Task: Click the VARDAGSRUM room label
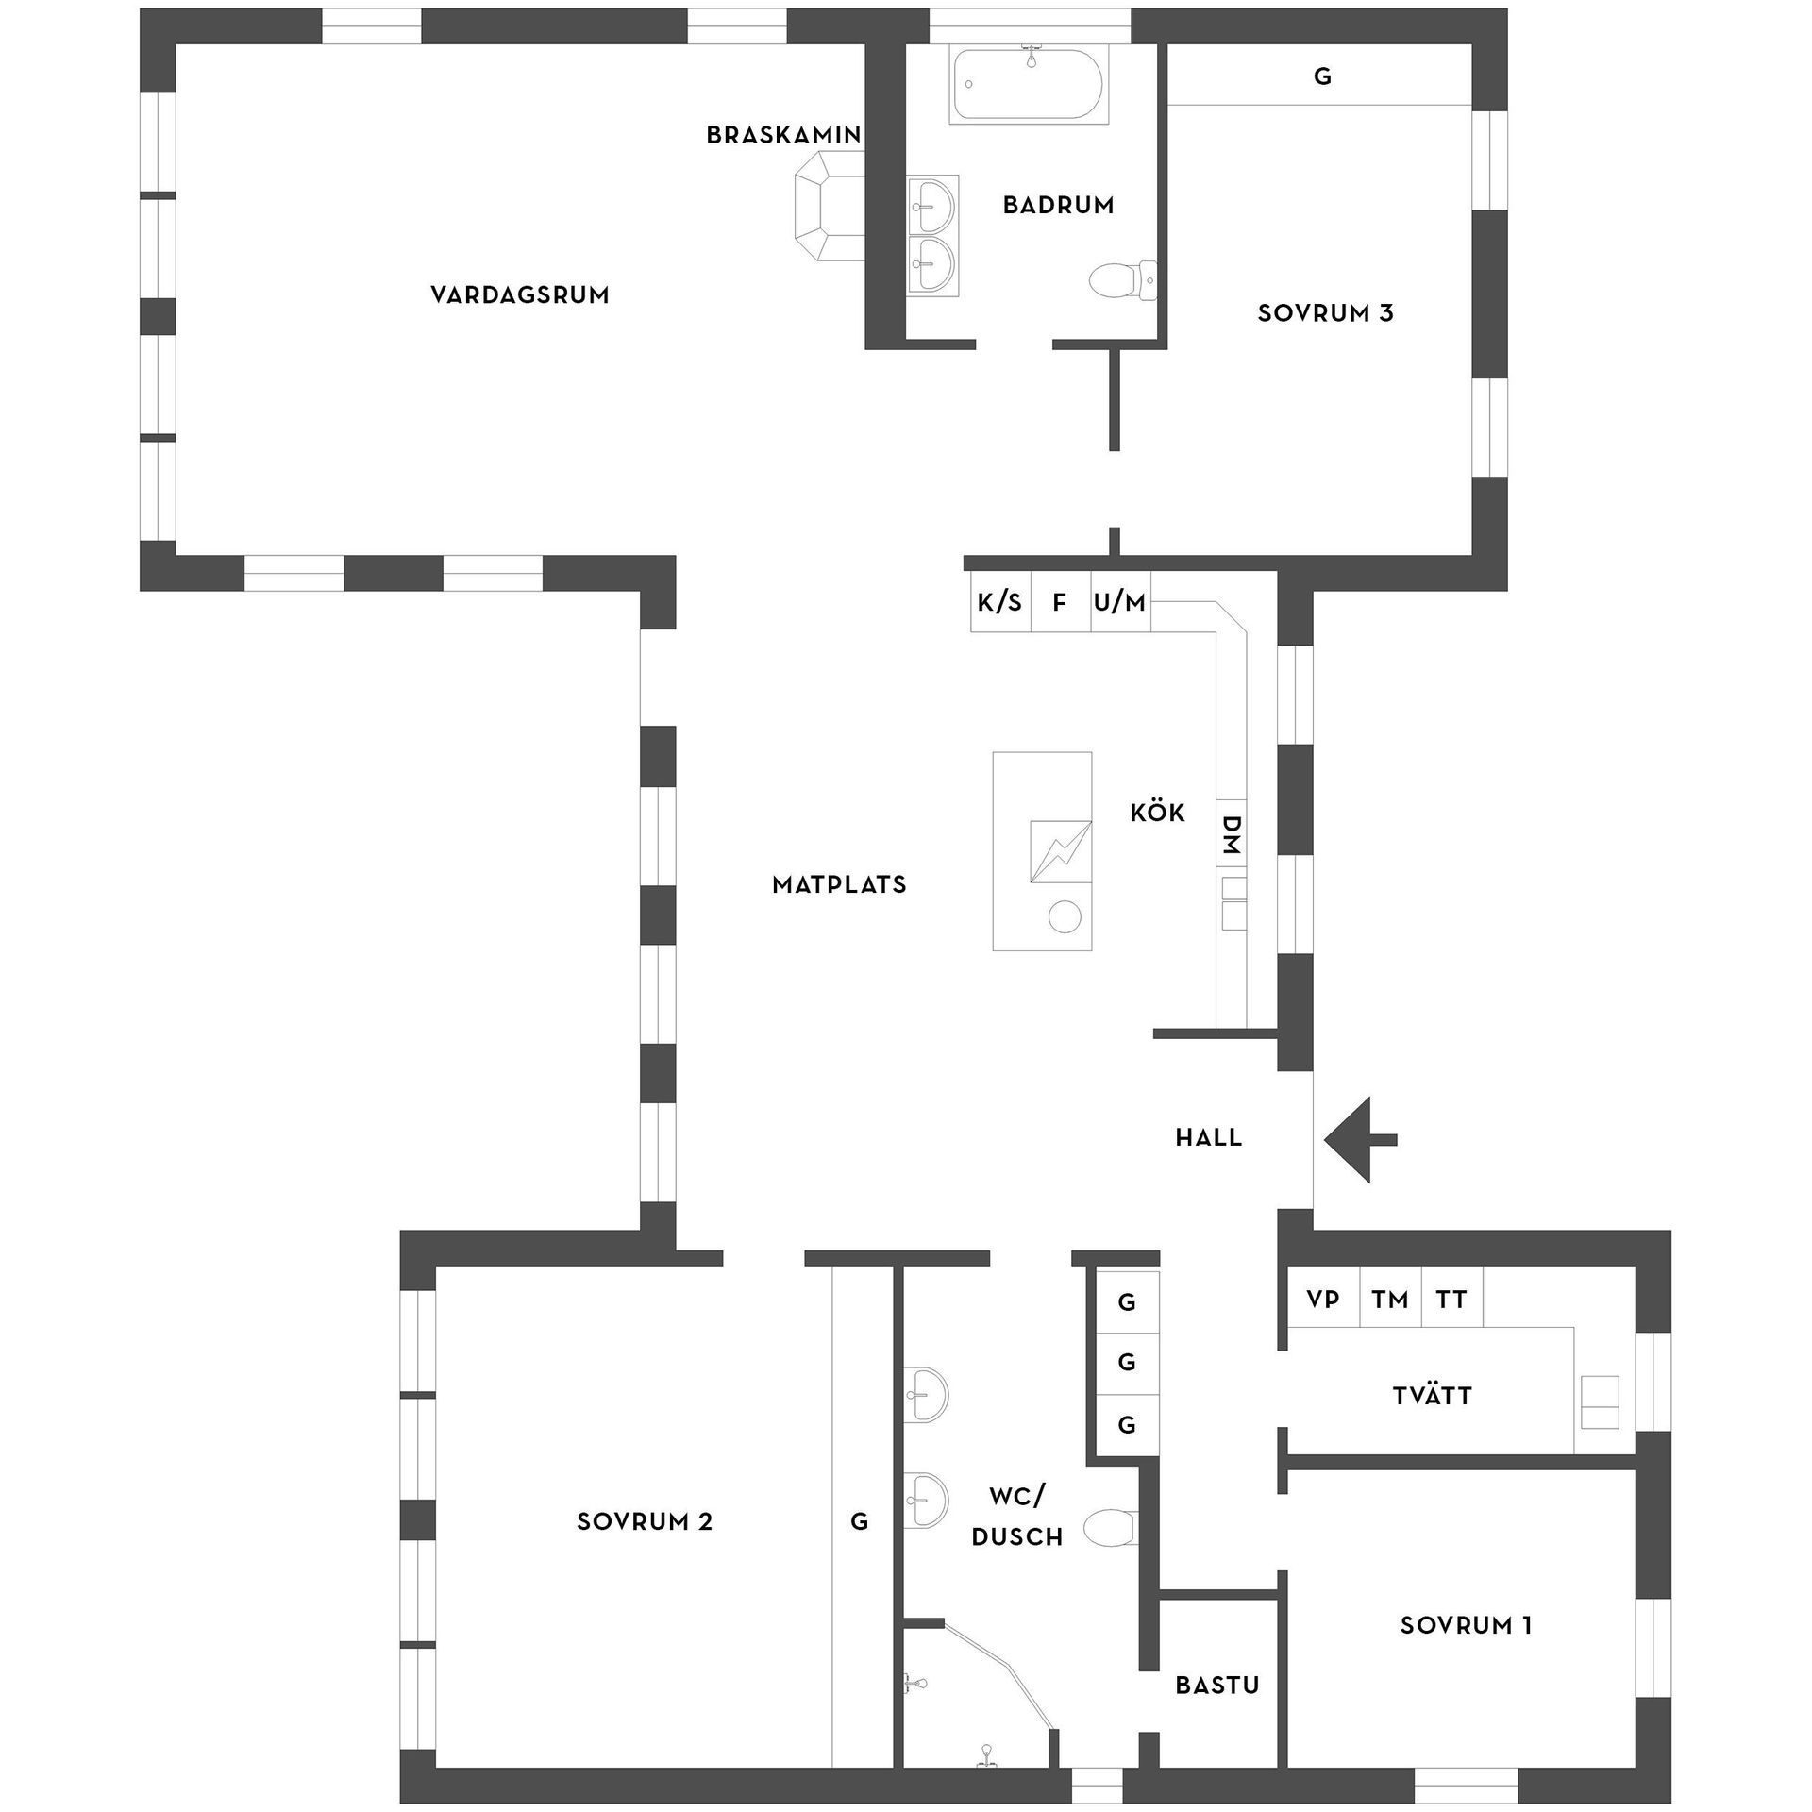(x=520, y=295)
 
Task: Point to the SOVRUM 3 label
(x=1325, y=313)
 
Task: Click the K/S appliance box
(x=1000, y=602)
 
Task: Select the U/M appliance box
(x=1120, y=602)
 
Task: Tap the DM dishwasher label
(x=1231, y=834)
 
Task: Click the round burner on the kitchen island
(x=1065, y=916)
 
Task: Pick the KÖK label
(x=1157, y=813)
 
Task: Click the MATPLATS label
(x=839, y=885)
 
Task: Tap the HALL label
(x=1209, y=1138)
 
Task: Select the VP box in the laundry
(x=1323, y=1300)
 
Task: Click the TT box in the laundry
(x=1451, y=1300)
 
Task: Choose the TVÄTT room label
(x=1433, y=1396)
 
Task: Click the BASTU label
(x=1217, y=1686)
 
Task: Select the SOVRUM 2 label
(x=645, y=1521)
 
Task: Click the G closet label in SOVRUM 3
(x=1322, y=76)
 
